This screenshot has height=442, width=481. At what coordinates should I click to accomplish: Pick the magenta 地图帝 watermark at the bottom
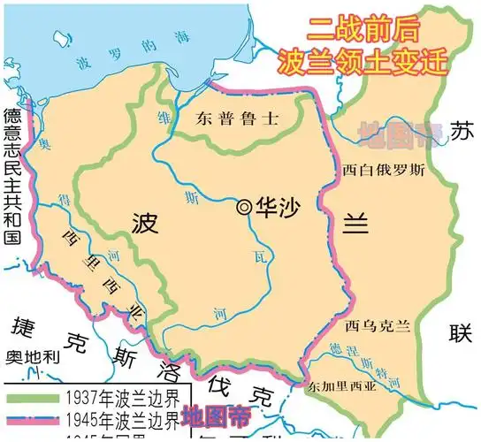pos(215,414)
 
